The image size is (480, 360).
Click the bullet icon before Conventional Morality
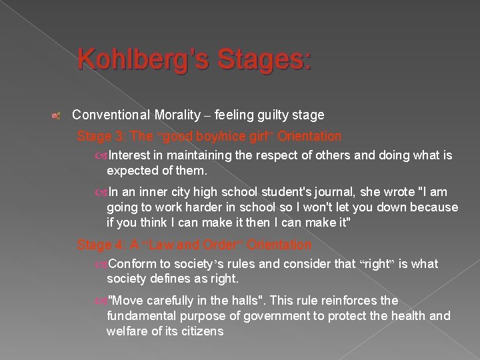click(x=57, y=116)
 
